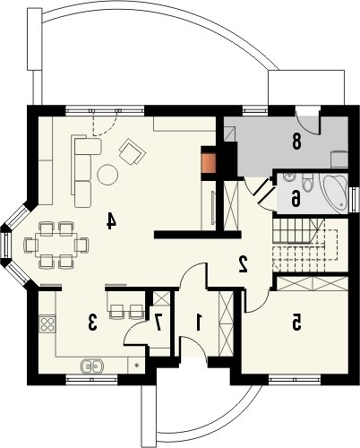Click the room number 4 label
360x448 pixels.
pos(111,221)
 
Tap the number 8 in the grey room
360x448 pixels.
pos(296,142)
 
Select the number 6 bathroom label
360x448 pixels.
pos(296,199)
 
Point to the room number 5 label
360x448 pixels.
pos(296,323)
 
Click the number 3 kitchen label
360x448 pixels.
pos(92,323)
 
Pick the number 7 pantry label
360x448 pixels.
pos(159,323)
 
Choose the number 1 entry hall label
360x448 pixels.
pos(198,323)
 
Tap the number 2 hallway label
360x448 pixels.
pos(244,263)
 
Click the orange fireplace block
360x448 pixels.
pos(209,163)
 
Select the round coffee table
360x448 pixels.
pos(107,175)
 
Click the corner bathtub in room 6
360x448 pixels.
pos(334,193)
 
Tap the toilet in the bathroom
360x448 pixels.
pos(307,182)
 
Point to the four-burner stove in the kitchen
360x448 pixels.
pos(47,323)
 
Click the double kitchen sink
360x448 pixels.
pos(91,366)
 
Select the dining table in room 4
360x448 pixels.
pos(56,245)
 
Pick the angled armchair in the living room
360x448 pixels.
pos(132,151)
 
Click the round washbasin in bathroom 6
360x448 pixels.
pos(288,177)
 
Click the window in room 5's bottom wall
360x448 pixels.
pos(295,379)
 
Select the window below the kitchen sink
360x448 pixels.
pos(91,379)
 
